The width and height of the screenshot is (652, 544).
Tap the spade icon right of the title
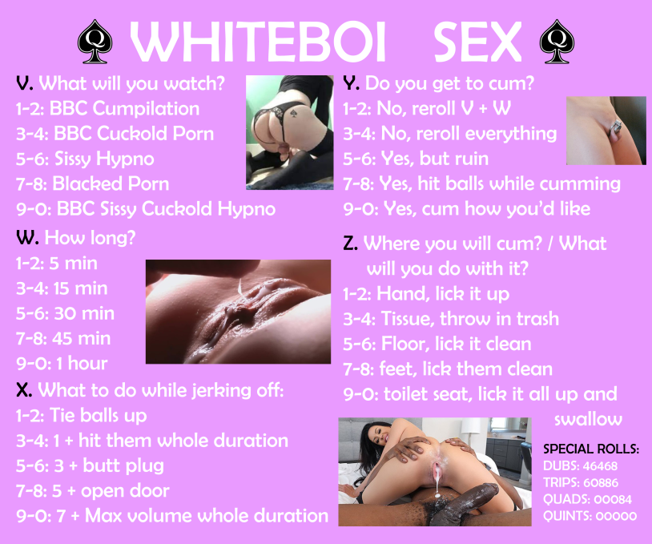coord(553,41)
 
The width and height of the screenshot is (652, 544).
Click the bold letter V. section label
coord(25,83)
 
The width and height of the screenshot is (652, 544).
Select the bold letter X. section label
coord(25,390)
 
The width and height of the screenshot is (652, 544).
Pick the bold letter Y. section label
coord(351,83)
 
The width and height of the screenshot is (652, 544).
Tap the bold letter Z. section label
coord(351,244)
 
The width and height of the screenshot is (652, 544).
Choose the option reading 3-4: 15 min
coord(62,288)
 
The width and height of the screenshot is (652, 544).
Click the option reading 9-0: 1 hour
coord(62,363)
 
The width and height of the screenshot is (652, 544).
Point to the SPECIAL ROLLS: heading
coord(591,449)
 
